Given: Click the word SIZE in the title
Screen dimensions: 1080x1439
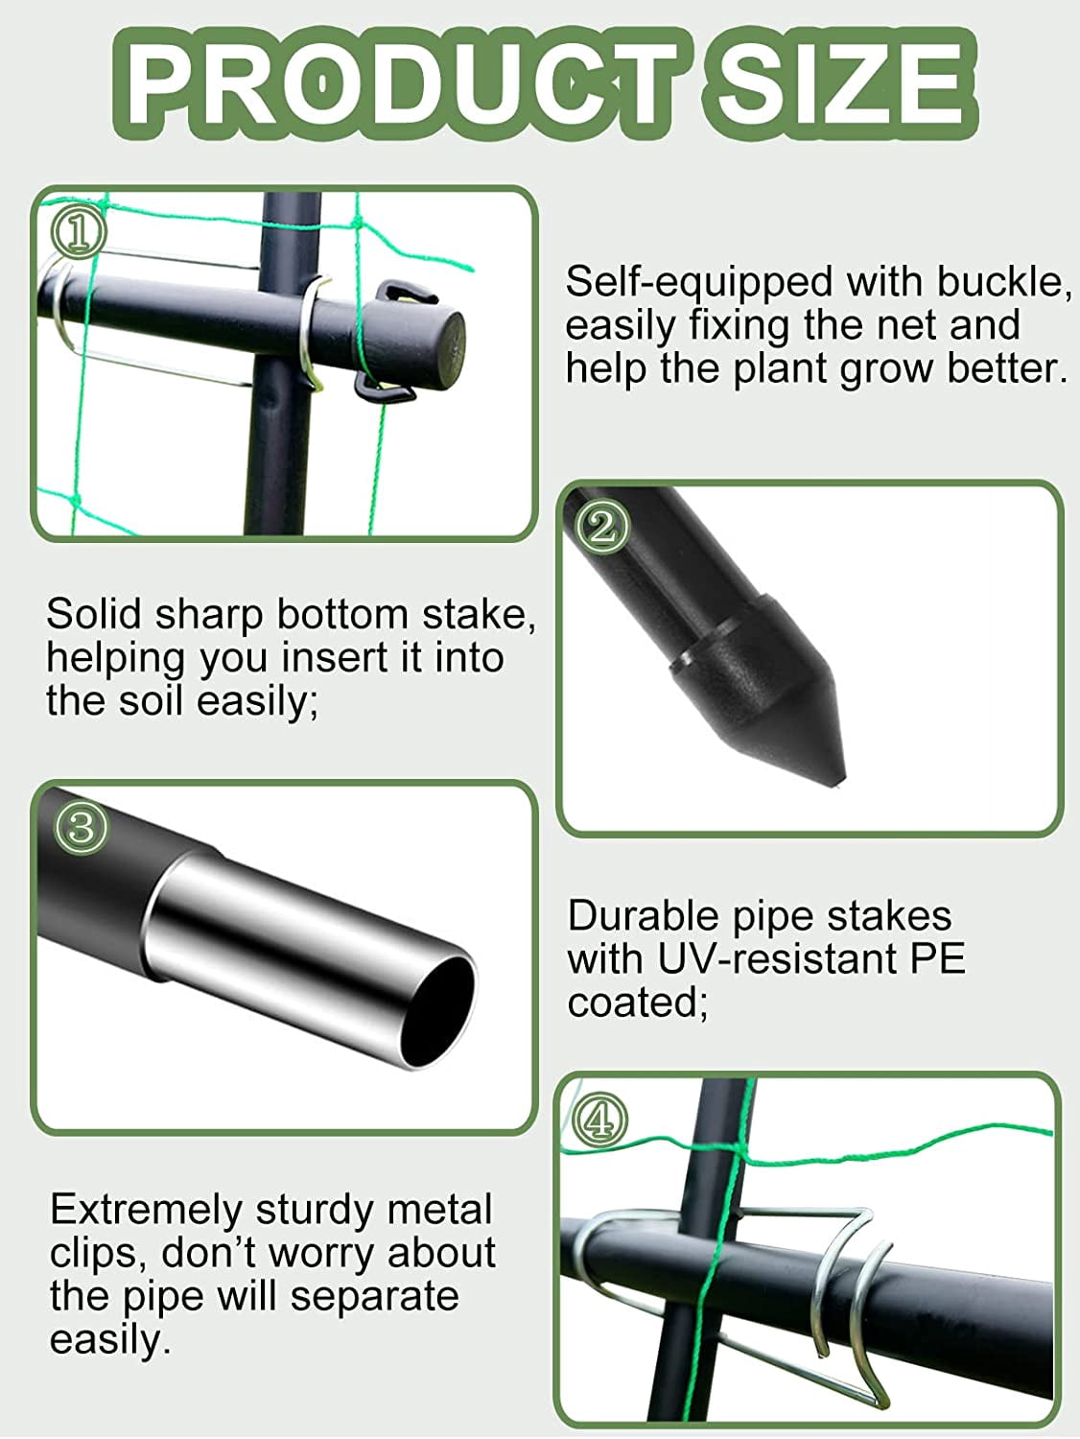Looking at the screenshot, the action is pyautogui.click(x=840, y=85).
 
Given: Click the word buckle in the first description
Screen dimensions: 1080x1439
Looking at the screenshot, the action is pyautogui.click(x=1002, y=282).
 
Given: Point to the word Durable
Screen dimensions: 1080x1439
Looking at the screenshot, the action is pyautogui.click(x=646, y=916).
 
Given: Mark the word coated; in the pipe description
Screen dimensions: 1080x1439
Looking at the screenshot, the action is pyautogui.click(x=638, y=1003).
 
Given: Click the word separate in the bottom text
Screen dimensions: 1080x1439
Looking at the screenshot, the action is pyautogui.click(x=374, y=1297).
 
